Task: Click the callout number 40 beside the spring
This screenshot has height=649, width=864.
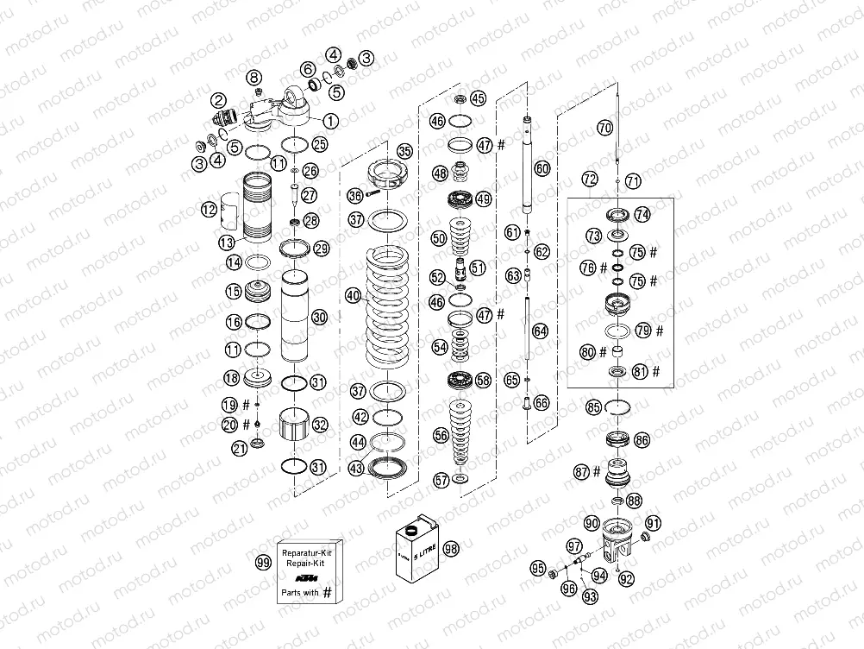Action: (x=353, y=295)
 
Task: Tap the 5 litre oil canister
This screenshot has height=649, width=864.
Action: (x=416, y=550)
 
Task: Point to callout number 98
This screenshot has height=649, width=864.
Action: (x=451, y=548)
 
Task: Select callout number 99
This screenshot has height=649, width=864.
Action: (x=263, y=562)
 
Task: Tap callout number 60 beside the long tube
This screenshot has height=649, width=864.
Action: (x=542, y=168)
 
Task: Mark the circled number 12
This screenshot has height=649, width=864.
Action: (x=208, y=209)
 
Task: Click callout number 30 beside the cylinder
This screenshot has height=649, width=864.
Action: (x=319, y=317)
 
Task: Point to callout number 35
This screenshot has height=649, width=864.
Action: (x=404, y=151)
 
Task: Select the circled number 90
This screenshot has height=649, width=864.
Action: (x=591, y=523)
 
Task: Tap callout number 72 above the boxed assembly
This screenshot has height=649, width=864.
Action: (x=589, y=180)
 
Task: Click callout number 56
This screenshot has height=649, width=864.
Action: (x=441, y=436)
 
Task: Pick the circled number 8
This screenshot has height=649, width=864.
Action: (x=254, y=77)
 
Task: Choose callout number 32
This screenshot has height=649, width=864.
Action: (x=320, y=425)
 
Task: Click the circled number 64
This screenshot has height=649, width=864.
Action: (x=540, y=330)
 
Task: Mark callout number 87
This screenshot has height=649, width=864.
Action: (x=582, y=471)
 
